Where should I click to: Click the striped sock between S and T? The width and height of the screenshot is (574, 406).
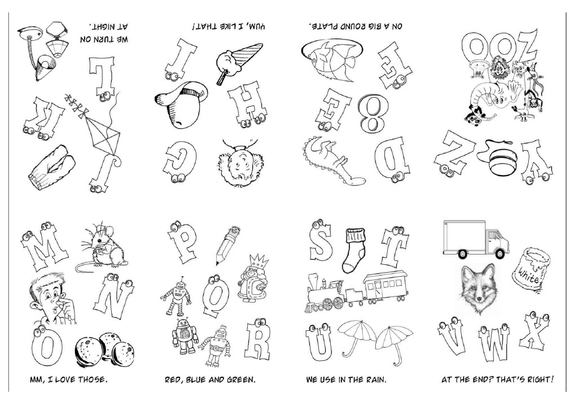(356, 247)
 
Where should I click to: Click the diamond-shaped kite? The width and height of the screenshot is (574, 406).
(104, 140)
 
